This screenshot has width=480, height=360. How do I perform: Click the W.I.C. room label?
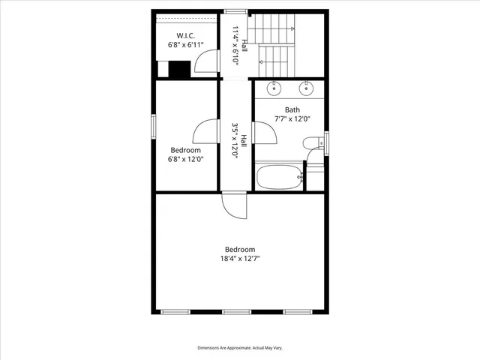[186, 36]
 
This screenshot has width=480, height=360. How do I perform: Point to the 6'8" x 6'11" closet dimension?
[186, 46]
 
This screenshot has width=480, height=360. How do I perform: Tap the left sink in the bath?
[275, 88]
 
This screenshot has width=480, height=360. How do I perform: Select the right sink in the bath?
[306, 88]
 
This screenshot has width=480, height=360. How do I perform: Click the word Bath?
[292, 109]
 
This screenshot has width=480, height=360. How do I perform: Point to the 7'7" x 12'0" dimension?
[292, 119]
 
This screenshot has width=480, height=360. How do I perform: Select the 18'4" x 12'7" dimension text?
[240, 259]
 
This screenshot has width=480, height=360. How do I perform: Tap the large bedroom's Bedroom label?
[240, 250]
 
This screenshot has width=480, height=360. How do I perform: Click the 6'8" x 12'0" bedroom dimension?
[186, 159]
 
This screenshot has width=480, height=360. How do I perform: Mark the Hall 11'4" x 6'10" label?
[238, 46]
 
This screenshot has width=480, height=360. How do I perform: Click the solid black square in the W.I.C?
[179, 69]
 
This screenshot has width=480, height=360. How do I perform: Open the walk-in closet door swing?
[204, 65]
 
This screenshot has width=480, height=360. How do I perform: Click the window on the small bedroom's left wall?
[154, 127]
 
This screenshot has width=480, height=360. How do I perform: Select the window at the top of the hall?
[236, 11]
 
